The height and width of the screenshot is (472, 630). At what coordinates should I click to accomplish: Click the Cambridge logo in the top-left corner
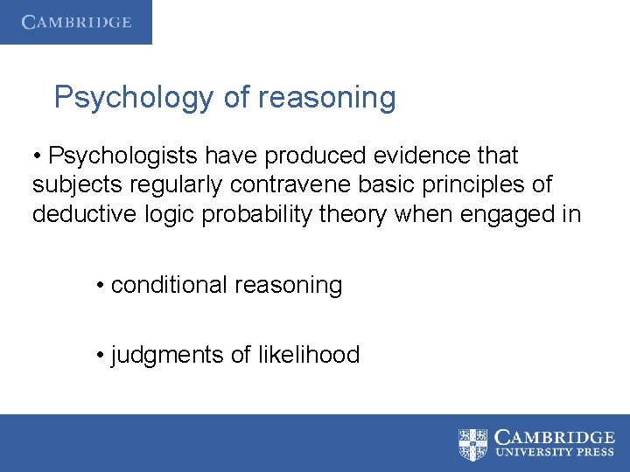coord(76,22)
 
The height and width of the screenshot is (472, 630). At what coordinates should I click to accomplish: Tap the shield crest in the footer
coord(473,443)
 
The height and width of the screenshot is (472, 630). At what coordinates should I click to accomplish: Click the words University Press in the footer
coord(555,453)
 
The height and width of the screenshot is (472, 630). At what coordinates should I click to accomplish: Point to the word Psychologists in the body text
coord(123,156)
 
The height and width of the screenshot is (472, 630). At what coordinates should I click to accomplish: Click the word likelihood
coord(309,355)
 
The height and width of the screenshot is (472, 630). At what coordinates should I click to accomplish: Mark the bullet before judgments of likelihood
coord(101,356)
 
